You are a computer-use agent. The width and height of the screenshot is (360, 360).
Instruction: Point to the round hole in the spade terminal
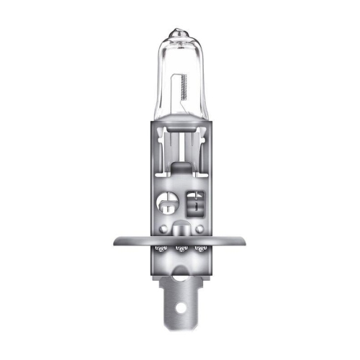tap(181, 314)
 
